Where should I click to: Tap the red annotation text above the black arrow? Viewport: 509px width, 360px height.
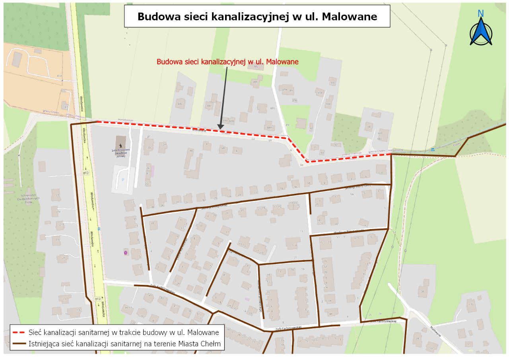click(227, 62)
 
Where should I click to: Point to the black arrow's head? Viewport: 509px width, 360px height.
click(220, 127)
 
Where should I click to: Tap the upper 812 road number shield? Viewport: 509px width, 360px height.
click(86, 173)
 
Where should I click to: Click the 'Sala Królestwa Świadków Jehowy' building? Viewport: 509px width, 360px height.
click(120, 142)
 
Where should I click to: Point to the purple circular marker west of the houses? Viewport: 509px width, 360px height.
click(126, 252)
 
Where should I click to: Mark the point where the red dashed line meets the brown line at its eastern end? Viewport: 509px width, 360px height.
click(391, 154)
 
